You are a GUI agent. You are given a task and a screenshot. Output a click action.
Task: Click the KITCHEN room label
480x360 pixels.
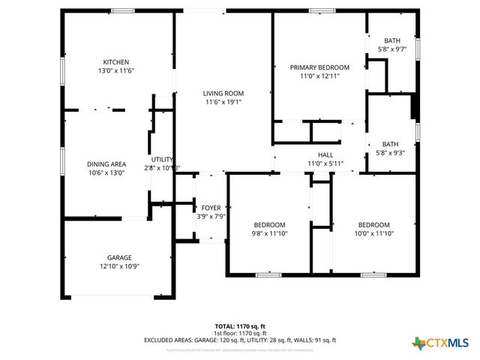116,61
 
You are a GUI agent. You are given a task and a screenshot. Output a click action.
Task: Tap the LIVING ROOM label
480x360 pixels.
223,94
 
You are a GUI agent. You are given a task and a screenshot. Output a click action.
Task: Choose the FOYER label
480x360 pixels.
211,208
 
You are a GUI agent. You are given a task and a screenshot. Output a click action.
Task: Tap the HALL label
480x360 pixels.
325,154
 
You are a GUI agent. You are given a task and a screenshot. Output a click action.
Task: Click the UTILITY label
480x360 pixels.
162,159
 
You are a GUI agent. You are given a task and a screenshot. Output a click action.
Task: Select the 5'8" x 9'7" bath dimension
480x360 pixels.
391,49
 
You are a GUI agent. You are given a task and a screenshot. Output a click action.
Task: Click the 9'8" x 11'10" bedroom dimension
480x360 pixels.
268,234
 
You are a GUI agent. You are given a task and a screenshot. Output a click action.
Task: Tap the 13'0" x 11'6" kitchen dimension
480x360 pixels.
116,70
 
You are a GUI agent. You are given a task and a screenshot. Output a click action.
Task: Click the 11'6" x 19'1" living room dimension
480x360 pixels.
223,103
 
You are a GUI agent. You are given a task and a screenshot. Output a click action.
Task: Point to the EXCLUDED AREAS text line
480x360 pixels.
239,340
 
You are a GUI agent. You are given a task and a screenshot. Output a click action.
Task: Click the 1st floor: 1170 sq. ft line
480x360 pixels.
239,334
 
